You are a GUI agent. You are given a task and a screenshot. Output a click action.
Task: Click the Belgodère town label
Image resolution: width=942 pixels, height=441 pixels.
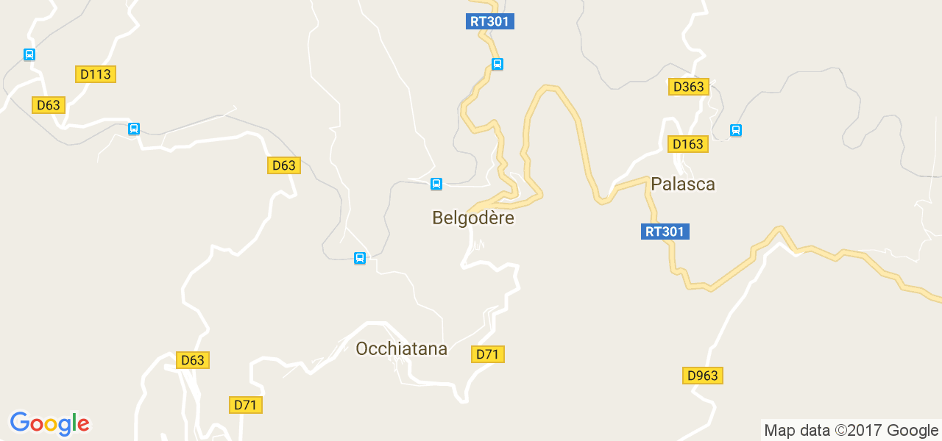pos(473,218)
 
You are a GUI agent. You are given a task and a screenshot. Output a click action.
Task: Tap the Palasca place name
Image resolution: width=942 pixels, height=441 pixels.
pos(683,184)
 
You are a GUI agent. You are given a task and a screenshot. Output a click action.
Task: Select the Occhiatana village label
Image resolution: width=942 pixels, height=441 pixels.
pos(401,348)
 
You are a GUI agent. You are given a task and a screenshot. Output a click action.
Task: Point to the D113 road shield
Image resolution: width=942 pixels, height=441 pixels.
pos(96,74)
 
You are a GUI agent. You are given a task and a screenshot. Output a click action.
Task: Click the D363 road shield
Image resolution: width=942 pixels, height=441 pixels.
pos(689,87)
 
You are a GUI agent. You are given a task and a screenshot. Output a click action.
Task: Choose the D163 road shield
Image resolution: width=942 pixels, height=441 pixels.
pos(688,144)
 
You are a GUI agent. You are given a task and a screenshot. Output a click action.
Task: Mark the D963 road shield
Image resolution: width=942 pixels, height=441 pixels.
pos(702,376)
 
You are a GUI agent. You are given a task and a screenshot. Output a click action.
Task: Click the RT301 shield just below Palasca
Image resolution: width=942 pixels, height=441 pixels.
pos(665,232)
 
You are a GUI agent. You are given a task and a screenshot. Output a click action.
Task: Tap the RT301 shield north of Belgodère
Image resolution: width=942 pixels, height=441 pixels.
pos(490,21)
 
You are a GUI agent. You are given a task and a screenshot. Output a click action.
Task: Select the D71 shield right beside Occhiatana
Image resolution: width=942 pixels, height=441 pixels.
pos(487,354)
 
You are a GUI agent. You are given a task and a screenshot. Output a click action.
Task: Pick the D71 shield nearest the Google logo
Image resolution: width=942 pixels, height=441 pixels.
pos(247,405)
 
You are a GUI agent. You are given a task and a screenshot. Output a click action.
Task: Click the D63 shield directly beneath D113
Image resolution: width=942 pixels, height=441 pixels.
pos(49,105)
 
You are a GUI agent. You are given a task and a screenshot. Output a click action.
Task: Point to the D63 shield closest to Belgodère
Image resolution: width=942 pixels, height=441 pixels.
pos(283,165)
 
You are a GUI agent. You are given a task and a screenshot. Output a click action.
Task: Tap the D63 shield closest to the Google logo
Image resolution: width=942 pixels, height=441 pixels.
pos(193,360)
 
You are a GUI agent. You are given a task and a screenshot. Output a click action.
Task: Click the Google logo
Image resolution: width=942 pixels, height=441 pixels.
pos(50,423)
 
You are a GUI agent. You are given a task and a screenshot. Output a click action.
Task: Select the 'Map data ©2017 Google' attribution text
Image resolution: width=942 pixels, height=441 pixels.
pos(851,430)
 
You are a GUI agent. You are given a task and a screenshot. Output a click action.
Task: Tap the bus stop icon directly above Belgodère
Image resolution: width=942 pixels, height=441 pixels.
pos(436,184)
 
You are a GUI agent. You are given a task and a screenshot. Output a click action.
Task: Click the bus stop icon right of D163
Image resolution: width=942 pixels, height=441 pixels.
pos(735,131)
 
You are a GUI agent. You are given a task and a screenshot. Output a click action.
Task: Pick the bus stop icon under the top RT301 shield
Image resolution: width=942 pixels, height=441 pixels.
pos(497,64)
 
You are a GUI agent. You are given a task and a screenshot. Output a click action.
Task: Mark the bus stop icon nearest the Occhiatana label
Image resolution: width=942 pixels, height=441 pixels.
pos(360,258)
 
